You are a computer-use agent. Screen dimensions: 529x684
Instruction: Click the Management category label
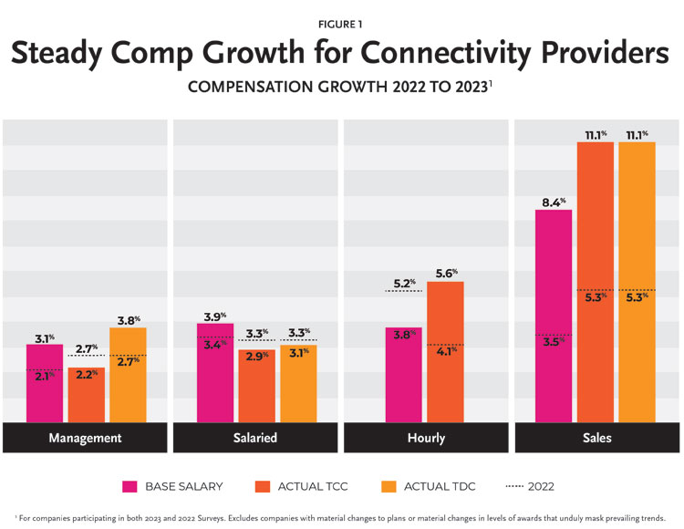tap(85, 438)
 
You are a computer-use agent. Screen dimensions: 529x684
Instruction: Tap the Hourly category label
tap(426, 438)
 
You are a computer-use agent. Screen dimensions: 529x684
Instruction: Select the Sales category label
tap(596, 438)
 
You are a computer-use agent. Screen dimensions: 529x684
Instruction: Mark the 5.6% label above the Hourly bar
tap(446, 273)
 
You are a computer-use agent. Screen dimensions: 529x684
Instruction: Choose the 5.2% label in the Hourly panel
tap(402, 283)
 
